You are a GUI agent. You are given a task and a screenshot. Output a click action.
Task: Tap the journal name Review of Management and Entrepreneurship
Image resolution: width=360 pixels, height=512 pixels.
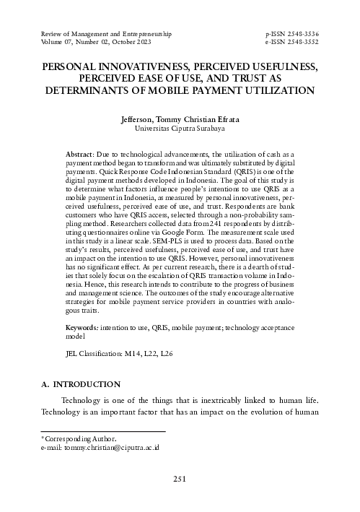(x=107, y=34)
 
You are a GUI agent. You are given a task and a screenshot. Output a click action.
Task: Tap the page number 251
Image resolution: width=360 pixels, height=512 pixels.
(x=180, y=479)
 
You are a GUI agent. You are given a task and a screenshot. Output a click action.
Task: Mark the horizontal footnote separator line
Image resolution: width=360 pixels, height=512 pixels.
(x=103, y=431)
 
